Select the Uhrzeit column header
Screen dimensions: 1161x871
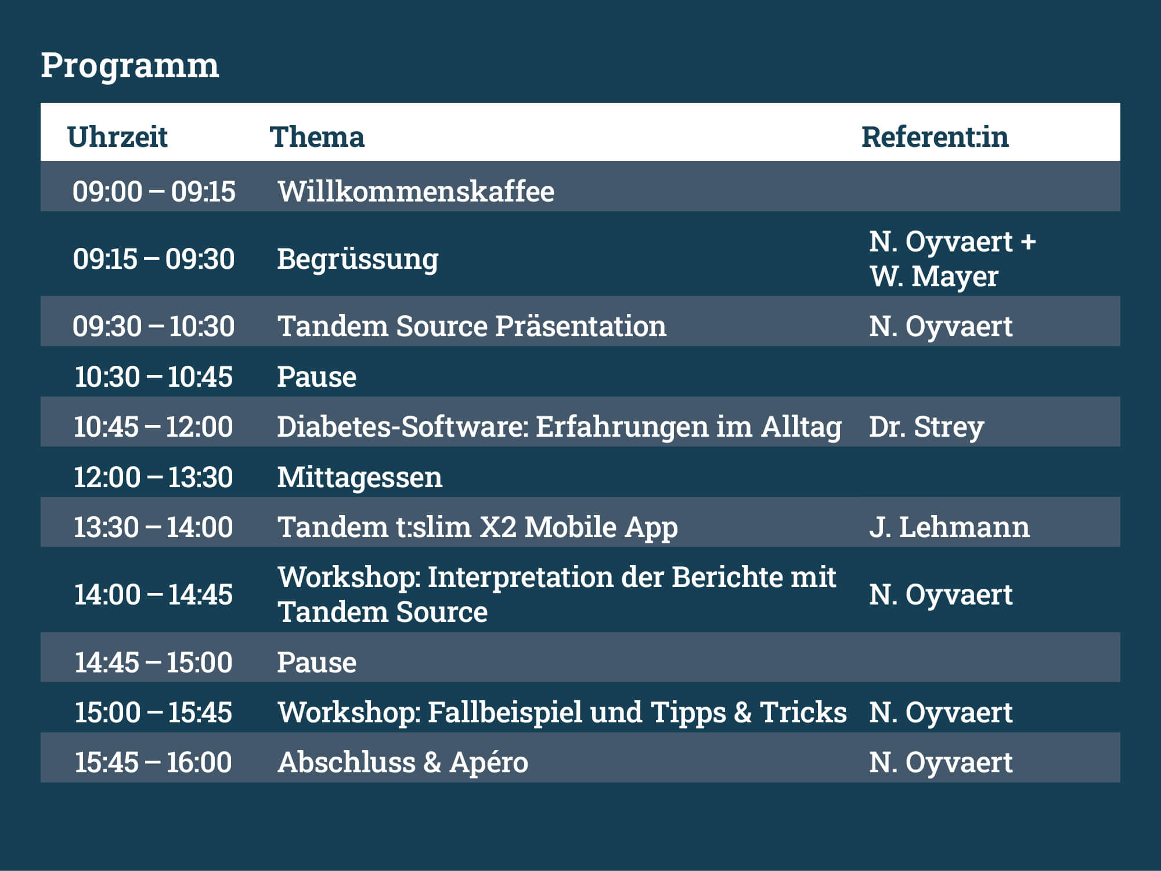[x=117, y=137]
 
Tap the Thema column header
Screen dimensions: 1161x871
[x=317, y=137]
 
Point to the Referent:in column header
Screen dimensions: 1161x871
[x=935, y=137]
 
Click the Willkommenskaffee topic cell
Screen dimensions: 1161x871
[x=416, y=192]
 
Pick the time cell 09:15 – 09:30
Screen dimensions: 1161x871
[x=154, y=259]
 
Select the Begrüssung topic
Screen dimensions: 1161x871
[x=358, y=260]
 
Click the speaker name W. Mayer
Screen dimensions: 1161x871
[x=934, y=276]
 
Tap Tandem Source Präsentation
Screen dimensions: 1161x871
[x=472, y=326]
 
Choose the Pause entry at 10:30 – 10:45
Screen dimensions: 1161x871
[x=316, y=377]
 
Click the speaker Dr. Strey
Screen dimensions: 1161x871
[x=926, y=427]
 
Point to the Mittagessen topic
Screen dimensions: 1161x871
[x=359, y=478]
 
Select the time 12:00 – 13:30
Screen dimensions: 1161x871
[x=153, y=477]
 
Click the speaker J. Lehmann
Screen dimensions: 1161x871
[x=949, y=527]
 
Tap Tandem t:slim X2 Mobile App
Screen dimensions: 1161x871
[x=478, y=528]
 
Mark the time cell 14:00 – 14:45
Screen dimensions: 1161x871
[x=153, y=595]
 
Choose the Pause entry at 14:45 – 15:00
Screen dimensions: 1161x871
[x=316, y=663]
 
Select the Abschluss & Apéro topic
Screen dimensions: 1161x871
[x=403, y=762]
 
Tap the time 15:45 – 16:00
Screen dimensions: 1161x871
[x=153, y=762]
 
